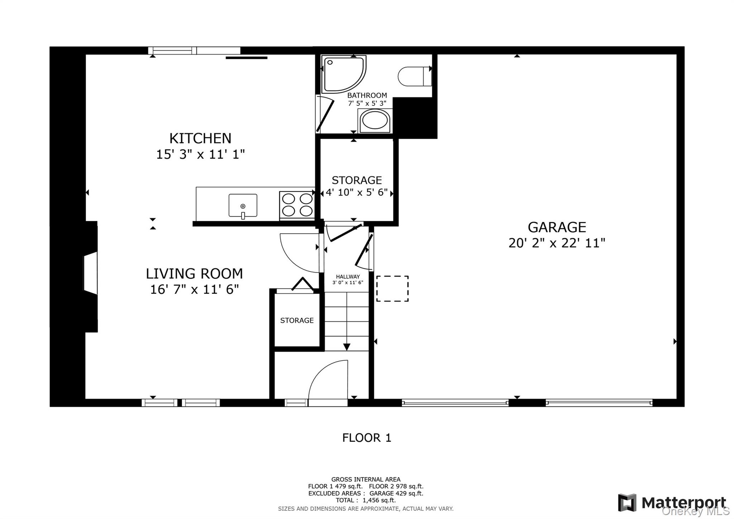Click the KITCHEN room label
click(200, 138)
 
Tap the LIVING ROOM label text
click(194, 274)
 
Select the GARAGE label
click(557, 227)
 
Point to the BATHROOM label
click(367, 95)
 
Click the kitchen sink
click(243, 206)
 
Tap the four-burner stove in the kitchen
click(297, 205)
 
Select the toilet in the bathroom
click(415, 76)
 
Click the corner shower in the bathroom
click(344, 74)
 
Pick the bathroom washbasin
click(375, 121)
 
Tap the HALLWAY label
click(348, 277)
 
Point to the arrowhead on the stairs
click(347, 347)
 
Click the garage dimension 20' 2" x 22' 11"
click(557, 243)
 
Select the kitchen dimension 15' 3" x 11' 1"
click(200, 155)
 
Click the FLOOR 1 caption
click(367, 438)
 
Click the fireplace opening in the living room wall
click(91, 273)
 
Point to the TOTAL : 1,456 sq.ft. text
click(366, 500)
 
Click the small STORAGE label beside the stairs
click(297, 320)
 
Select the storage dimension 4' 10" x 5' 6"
click(357, 193)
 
